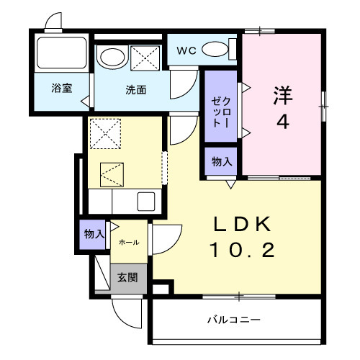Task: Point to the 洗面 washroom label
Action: (x=136, y=91)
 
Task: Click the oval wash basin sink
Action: (x=111, y=57)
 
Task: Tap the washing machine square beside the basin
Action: (x=144, y=57)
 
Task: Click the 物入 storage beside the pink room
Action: (x=221, y=162)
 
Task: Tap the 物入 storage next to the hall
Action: (x=94, y=234)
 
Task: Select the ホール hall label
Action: (x=130, y=242)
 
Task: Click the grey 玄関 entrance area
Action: (x=127, y=277)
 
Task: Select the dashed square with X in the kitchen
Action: (x=104, y=132)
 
